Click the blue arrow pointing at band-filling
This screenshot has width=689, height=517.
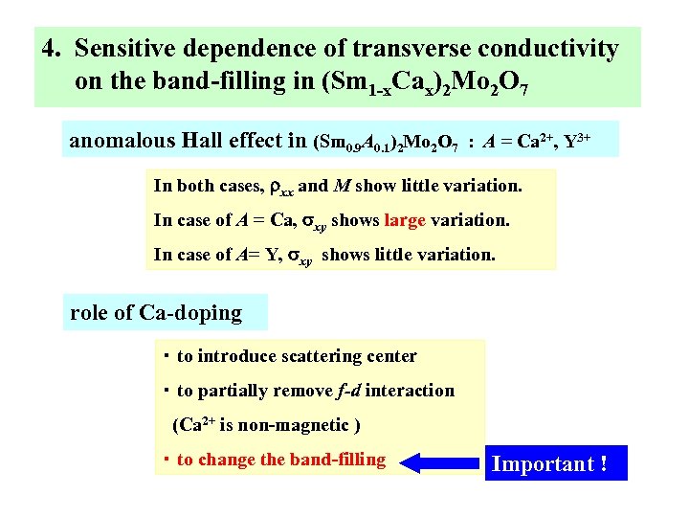click(x=439, y=463)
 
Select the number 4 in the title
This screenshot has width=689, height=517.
click(x=49, y=48)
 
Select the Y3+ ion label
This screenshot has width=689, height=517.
click(x=575, y=142)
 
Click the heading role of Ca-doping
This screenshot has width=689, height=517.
click(x=156, y=313)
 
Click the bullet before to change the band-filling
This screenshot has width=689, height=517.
click(x=166, y=460)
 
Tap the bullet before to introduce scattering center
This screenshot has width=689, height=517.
click(x=166, y=356)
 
